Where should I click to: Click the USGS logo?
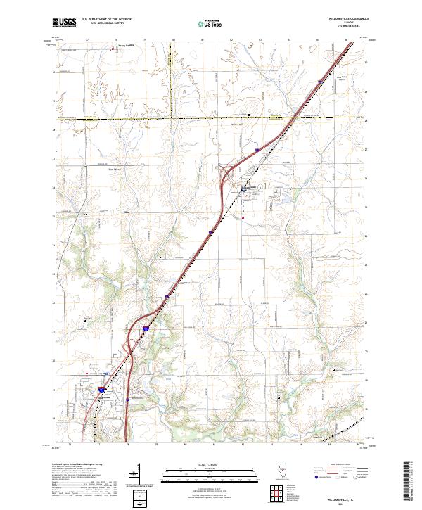(65, 23)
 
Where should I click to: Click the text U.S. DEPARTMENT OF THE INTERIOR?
(106, 20)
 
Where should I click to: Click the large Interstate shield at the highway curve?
(146, 328)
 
